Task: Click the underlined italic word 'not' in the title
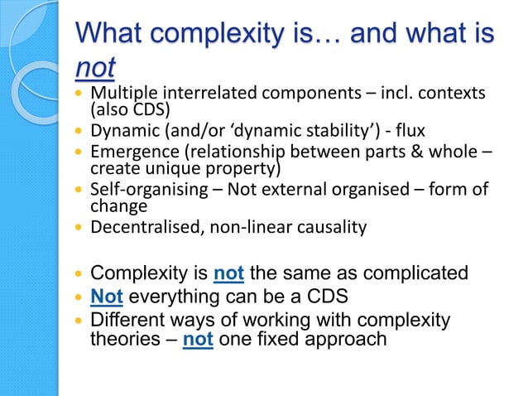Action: (x=95, y=67)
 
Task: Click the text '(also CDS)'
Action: (x=127, y=109)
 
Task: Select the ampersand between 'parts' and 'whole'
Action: (x=415, y=152)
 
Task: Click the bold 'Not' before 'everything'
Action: (x=103, y=296)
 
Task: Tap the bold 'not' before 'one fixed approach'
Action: (x=199, y=339)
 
